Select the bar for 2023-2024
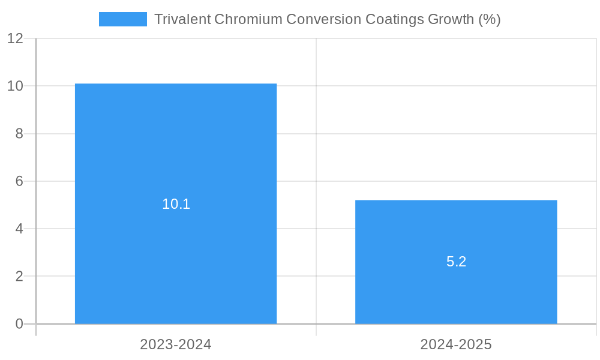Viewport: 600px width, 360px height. coord(176,150)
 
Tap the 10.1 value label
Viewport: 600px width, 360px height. coord(176,204)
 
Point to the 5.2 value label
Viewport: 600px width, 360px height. coord(456,262)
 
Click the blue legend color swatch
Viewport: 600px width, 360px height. coord(123,19)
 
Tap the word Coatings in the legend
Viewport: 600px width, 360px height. coord(394,19)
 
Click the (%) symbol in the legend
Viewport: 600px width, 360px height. coord(490,19)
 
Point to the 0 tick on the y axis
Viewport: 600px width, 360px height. coord(19,324)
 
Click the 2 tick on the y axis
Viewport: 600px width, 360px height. coord(19,277)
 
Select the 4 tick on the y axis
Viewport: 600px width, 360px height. coord(19,229)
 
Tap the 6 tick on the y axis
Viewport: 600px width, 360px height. coord(19,181)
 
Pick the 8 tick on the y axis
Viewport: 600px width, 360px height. coord(19,134)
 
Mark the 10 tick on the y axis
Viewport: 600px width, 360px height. coord(15,86)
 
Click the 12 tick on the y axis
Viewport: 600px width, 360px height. coord(15,38)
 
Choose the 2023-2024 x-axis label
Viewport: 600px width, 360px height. coord(176,344)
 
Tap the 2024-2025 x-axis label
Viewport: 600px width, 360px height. coord(456,344)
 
